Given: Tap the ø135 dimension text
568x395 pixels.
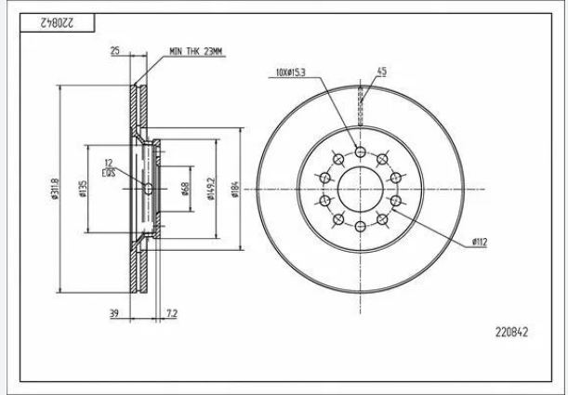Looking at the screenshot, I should [83, 189].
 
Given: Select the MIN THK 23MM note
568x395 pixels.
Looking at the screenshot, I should [195, 52].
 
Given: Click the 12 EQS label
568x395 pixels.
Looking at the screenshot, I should [109, 167].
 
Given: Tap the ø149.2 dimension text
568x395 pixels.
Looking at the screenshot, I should [212, 189].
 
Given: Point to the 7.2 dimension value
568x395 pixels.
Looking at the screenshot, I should [171, 315].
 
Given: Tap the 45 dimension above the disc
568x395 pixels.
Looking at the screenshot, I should [381, 72].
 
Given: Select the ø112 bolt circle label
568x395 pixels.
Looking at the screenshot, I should [480, 242].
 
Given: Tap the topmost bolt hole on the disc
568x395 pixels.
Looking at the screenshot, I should [360, 152].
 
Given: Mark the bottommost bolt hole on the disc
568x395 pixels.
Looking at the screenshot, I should [360, 226].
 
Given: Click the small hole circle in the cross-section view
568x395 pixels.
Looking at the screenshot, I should [149, 189].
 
